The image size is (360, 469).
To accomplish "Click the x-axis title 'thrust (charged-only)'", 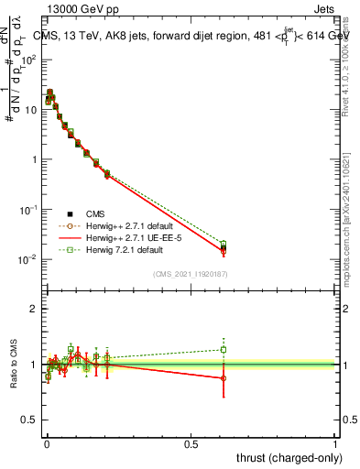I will (283, 457).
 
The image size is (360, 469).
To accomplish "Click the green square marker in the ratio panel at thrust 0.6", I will (224, 349).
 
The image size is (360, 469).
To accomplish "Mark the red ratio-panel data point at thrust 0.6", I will (224, 377).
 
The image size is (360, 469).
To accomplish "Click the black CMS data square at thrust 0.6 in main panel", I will (224, 247).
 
